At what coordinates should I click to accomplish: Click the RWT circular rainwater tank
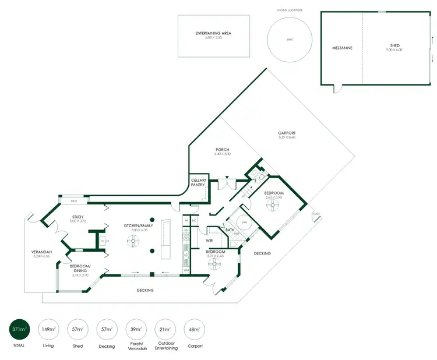(x=288, y=40)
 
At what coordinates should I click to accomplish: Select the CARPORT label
(x=287, y=135)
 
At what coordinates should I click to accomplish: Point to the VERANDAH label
(x=42, y=253)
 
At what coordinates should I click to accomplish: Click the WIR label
(x=208, y=239)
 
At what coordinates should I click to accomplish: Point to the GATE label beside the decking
(x=316, y=214)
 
